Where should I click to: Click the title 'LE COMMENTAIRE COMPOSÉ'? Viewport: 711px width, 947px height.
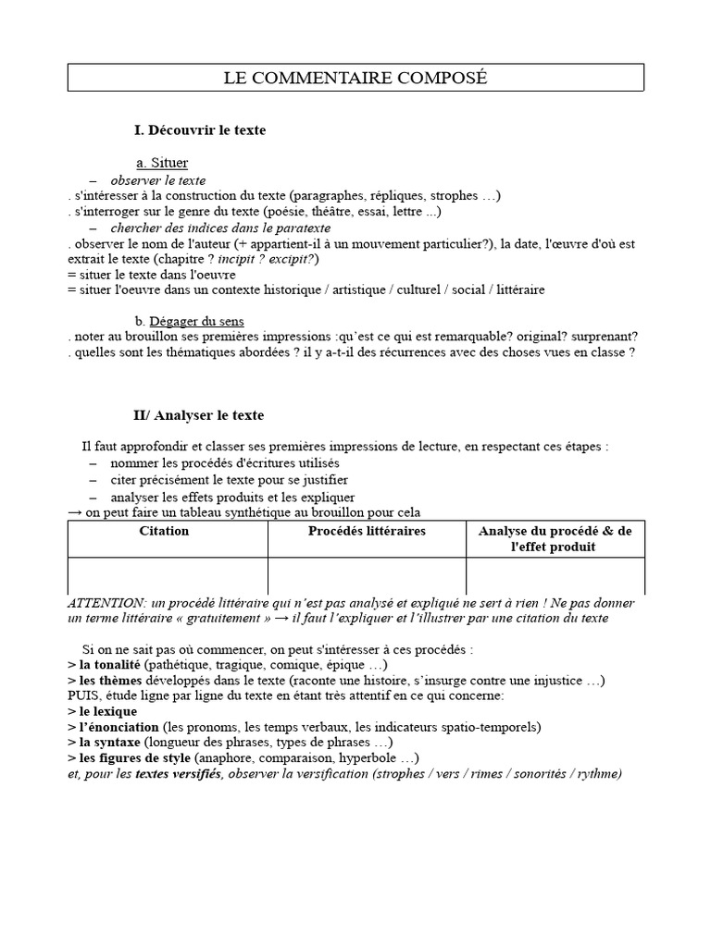click(x=355, y=78)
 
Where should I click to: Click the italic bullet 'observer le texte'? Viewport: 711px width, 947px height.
click(x=158, y=180)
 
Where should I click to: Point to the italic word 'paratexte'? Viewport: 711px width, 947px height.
click(x=302, y=228)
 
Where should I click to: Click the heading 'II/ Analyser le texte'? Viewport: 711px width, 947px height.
click(x=199, y=416)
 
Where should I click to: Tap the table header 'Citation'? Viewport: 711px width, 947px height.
click(x=164, y=531)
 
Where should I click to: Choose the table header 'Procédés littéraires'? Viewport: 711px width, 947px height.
click(x=367, y=531)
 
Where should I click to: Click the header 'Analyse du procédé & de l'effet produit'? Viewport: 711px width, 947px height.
click(x=555, y=538)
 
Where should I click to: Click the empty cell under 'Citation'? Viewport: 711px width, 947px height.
click(x=168, y=575)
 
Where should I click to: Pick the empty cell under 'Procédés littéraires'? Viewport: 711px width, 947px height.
click(x=367, y=575)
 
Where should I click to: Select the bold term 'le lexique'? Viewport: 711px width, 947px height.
click(x=108, y=711)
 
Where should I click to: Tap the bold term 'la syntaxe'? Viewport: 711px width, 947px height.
click(x=110, y=742)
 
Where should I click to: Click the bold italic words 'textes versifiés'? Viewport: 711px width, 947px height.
click(x=177, y=773)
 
